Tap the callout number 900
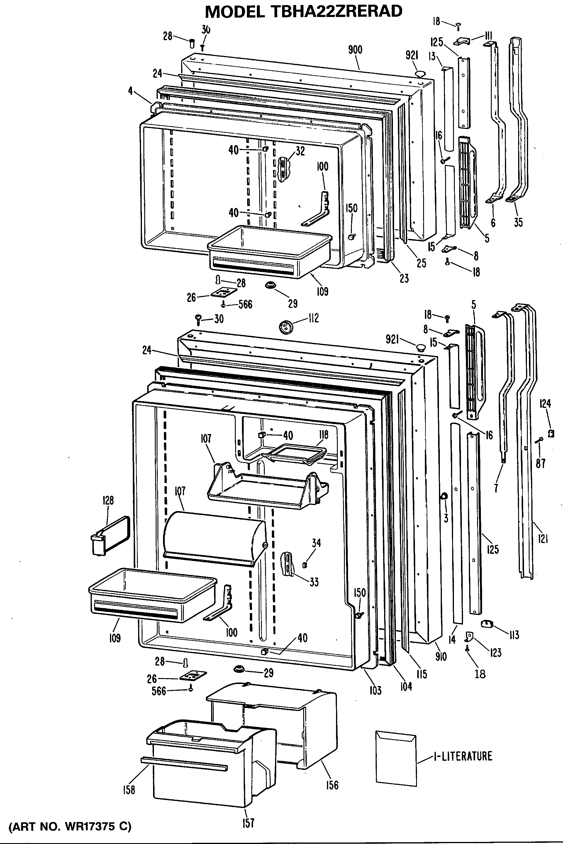(355, 50)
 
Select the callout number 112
(313, 318)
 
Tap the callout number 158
(128, 790)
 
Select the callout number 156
(332, 785)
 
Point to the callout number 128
(108, 501)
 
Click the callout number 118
(323, 435)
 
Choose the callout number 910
(441, 656)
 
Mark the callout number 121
(543, 538)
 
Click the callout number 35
(518, 222)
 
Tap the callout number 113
(514, 635)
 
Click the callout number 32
(300, 151)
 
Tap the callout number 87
(540, 464)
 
